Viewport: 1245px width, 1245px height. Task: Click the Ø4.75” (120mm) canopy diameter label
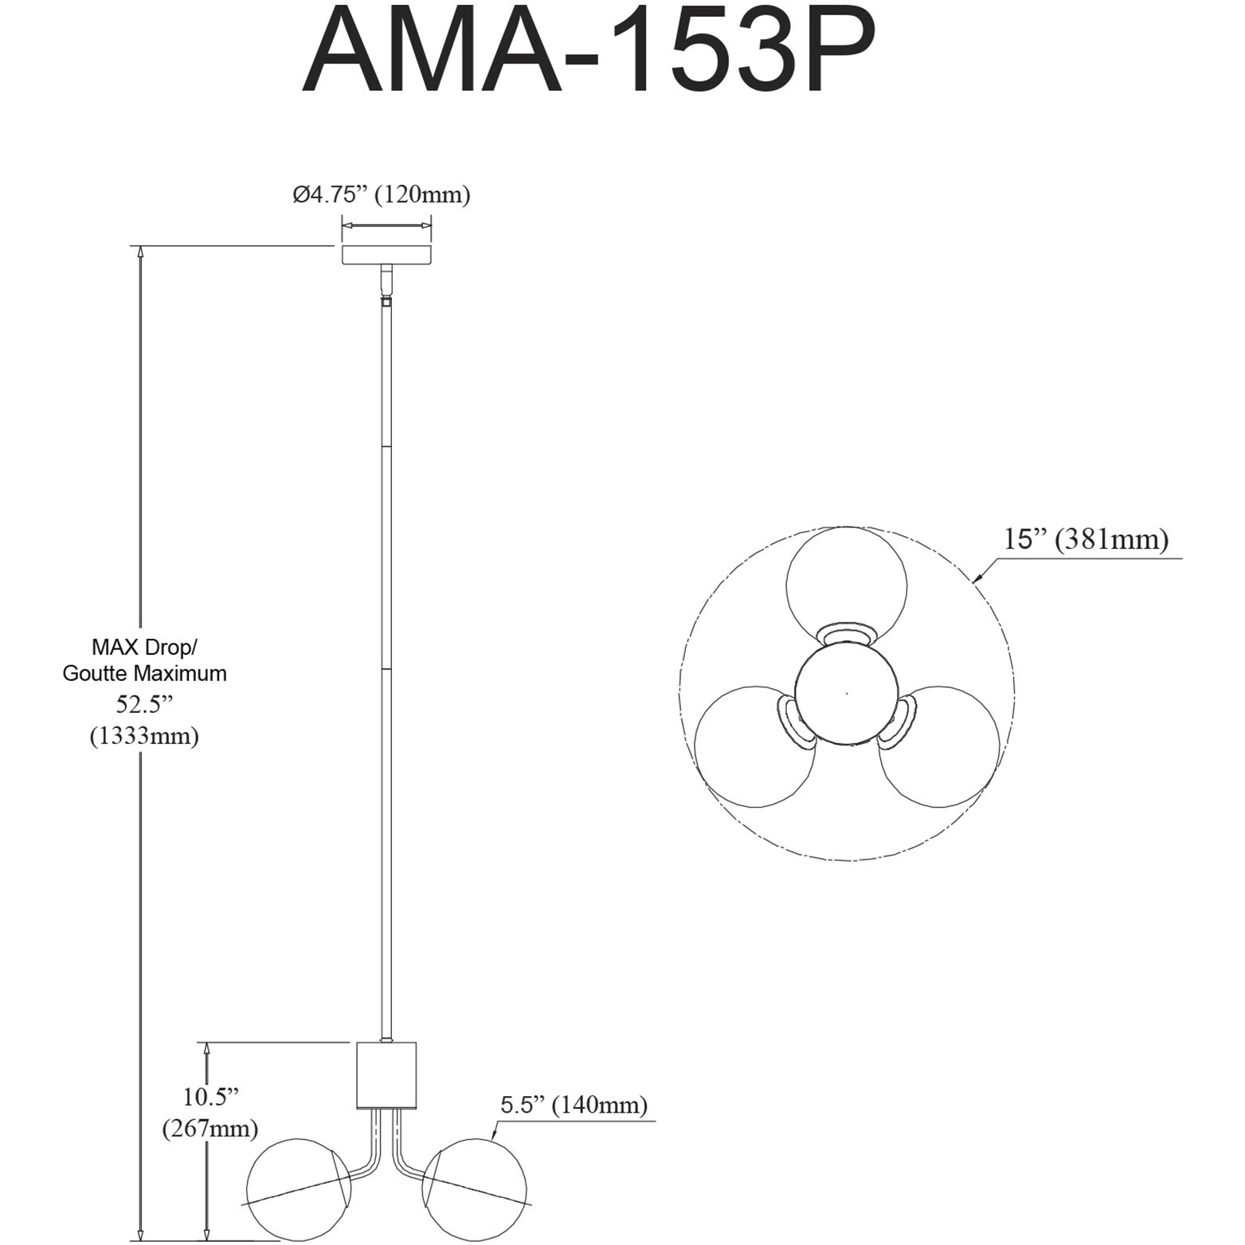[x=382, y=194]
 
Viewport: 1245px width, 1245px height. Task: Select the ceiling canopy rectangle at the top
[x=386, y=255]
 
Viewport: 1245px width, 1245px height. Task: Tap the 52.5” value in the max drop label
[x=143, y=705]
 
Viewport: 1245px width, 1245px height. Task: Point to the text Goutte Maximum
[x=144, y=673]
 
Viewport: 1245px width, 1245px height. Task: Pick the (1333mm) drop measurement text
[x=144, y=735]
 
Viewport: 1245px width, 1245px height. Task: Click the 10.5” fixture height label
[x=211, y=1097]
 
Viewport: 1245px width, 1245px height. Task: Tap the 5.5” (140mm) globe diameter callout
[x=574, y=1105]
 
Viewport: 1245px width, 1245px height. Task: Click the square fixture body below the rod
[x=386, y=1075]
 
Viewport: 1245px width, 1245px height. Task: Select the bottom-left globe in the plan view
[x=754, y=745]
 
